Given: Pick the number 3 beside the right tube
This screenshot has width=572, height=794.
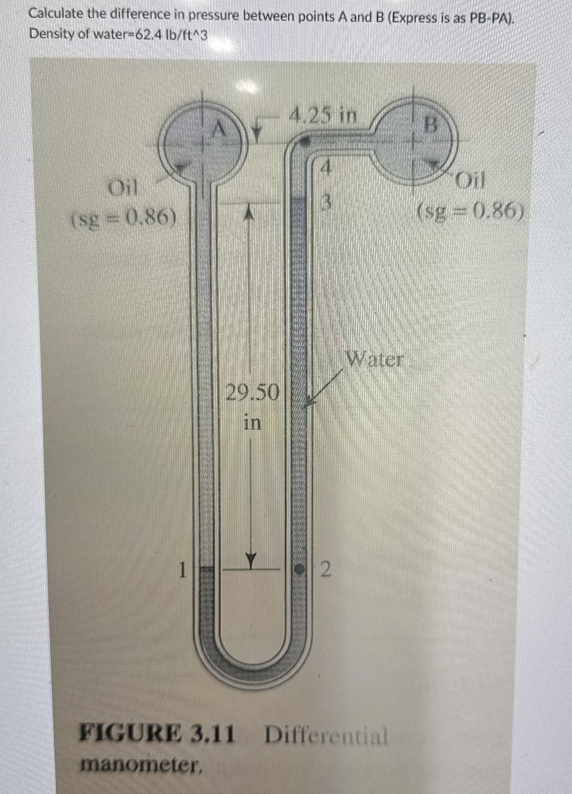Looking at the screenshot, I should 325,203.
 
